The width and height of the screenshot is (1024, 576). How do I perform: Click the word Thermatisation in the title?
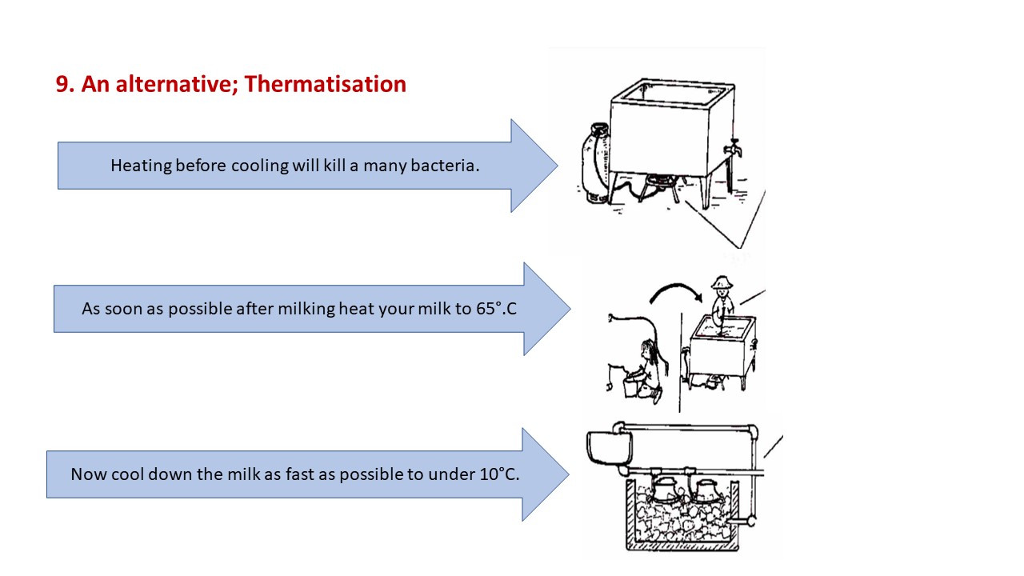(325, 84)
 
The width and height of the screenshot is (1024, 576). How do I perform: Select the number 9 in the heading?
(62, 84)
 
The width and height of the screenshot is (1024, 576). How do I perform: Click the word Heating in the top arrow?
(141, 166)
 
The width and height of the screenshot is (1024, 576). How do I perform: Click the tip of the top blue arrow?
(558, 166)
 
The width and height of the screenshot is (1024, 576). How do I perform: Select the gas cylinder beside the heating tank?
(595, 162)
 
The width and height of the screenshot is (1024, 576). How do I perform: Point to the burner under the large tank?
(658, 186)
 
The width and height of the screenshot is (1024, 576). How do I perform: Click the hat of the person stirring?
(722, 282)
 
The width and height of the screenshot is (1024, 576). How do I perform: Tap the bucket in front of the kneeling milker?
(630, 386)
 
